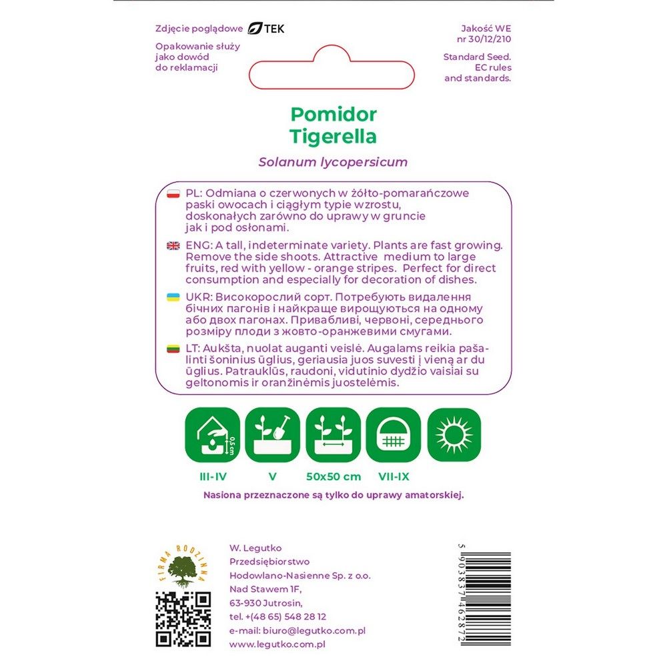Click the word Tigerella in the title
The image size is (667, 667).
[x=333, y=137]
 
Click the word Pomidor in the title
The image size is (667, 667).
[x=333, y=113]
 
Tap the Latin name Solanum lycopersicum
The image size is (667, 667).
[x=333, y=162]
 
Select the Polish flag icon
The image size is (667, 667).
[x=173, y=193]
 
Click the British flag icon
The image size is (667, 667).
[x=173, y=245]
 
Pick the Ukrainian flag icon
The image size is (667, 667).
[x=173, y=296]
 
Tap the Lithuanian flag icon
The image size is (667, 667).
[x=173, y=348]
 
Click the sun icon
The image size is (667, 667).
[x=454, y=435]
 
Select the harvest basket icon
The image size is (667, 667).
[x=394, y=435]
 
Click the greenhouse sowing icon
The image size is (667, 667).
[x=212, y=435]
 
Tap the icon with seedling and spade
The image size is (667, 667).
[x=272, y=435]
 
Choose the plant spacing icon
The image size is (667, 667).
[x=333, y=435]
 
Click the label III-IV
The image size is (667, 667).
[x=212, y=476]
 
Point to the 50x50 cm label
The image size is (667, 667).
[x=333, y=476]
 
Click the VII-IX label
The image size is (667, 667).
[x=394, y=476]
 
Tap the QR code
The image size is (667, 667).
[x=183, y=619]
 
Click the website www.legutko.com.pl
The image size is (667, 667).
[x=277, y=644]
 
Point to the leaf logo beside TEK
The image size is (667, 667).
[x=255, y=29]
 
